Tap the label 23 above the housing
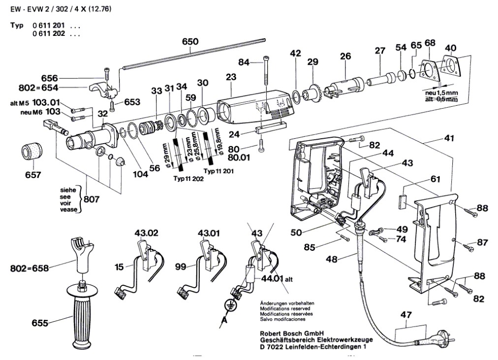click(231, 77)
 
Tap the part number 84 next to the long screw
click(245, 62)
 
